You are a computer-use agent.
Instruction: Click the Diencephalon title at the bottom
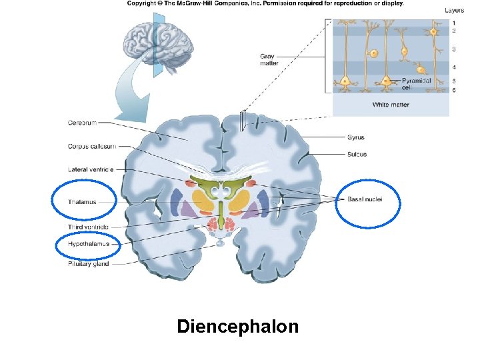click(238, 327)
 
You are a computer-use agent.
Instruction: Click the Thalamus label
click(82, 202)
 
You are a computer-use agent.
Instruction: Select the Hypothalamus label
click(88, 244)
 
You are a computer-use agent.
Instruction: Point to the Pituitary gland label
click(88, 264)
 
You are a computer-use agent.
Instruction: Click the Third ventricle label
click(87, 227)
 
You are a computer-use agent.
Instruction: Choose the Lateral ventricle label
click(91, 169)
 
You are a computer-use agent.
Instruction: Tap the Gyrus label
click(355, 137)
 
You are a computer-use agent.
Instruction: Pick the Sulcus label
click(357, 154)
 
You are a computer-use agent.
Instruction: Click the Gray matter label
click(269, 61)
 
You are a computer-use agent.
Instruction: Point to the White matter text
click(391, 105)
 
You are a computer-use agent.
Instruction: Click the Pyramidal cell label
click(416, 83)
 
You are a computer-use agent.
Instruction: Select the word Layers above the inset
click(454, 10)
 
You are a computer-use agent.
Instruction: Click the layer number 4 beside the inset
click(454, 67)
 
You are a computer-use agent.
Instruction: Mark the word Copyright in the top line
click(142, 3)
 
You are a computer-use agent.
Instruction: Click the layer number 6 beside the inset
click(454, 90)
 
